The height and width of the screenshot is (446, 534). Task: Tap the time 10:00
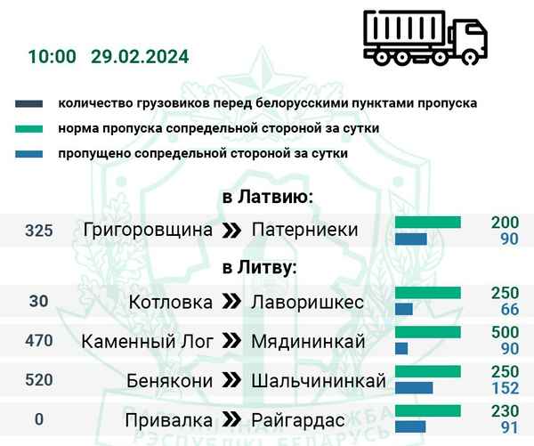pyautogui.click(x=52, y=57)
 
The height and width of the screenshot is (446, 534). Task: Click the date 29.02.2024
pyautogui.click(x=139, y=57)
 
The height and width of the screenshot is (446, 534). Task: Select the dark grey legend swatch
pyautogui.click(x=30, y=104)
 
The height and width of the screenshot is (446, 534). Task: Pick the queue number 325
pyautogui.click(x=39, y=231)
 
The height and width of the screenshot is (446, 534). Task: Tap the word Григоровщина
pyautogui.click(x=148, y=231)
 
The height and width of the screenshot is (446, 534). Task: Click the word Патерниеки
pyautogui.click(x=304, y=231)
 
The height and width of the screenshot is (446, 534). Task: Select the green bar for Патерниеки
pyautogui.click(x=428, y=222)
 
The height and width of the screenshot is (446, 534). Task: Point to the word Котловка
pyautogui.click(x=170, y=302)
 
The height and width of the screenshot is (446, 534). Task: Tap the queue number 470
pyautogui.click(x=39, y=340)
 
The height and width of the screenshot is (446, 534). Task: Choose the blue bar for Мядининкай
pyautogui.click(x=401, y=348)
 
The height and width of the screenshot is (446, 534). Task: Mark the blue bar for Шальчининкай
pyautogui.click(x=414, y=388)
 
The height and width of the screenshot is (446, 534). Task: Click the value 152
pyautogui.click(x=503, y=388)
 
